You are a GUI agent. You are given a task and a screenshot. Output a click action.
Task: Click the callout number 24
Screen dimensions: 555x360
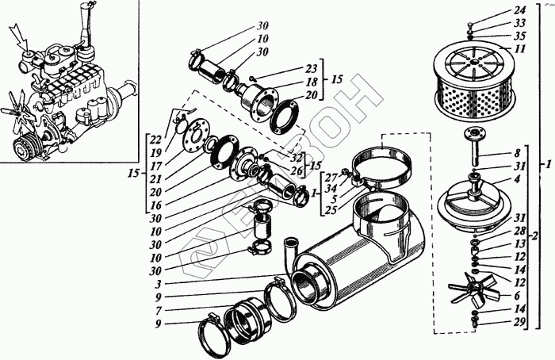click(x=519, y=10)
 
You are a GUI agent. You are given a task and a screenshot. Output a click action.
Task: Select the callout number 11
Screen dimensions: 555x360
click(x=519, y=48)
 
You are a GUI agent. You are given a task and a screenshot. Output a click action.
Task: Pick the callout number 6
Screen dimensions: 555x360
click(x=518, y=294)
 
